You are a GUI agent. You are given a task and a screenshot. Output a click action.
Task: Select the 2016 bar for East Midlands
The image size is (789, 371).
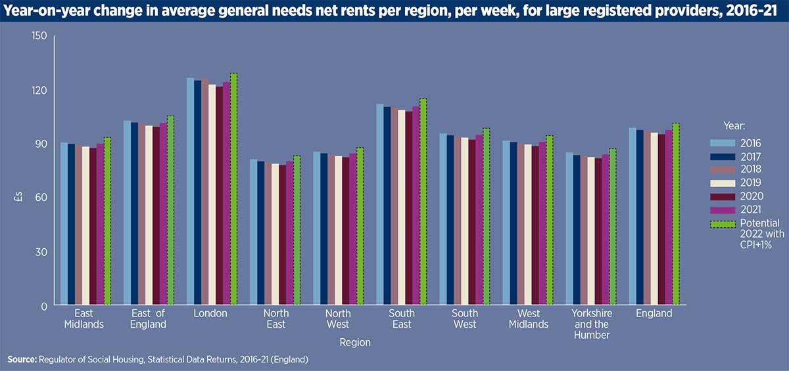[64, 224]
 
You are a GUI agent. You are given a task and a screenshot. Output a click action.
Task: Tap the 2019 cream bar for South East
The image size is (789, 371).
[400, 207]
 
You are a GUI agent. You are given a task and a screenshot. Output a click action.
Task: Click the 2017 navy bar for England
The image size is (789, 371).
[639, 217]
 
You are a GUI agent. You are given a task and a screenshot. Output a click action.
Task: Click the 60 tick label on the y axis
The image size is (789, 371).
[41, 198]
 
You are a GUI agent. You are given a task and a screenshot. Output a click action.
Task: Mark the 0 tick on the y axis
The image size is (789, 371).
[43, 306]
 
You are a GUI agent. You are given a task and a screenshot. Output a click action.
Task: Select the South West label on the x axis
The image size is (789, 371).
[464, 318]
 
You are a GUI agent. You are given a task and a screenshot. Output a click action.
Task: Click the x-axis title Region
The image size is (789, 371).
[355, 342]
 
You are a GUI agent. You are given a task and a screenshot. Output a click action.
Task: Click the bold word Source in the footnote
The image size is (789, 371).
[22, 359]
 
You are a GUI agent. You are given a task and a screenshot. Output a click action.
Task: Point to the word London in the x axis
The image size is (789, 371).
[210, 314]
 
